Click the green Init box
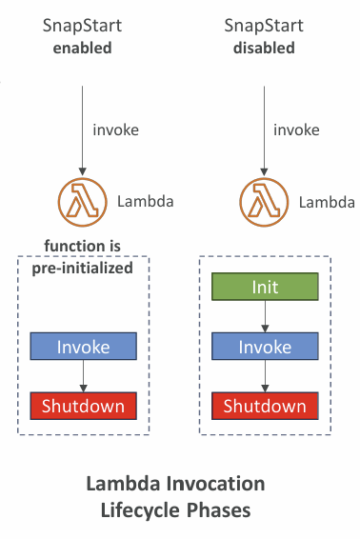point(265,287)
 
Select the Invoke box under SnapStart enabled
point(83,346)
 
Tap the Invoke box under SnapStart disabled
point(265,346)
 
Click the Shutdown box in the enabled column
point(83,406)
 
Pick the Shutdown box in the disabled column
point(265,406)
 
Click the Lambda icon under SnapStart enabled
point(83,202)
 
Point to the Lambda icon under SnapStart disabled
point(264,202)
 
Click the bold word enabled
point(83,48)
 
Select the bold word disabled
point(264,48)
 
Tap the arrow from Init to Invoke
point(265,316)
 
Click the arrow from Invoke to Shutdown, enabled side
point(83,376)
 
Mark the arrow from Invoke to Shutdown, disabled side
point(265,376)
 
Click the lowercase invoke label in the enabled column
point(116,130)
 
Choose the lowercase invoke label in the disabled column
point(296,130)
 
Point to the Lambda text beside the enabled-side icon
point(146,202)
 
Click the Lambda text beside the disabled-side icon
point(327,202)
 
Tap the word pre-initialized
point(83,269)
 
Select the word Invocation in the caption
point(216,484)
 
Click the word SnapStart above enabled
point(82,26)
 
